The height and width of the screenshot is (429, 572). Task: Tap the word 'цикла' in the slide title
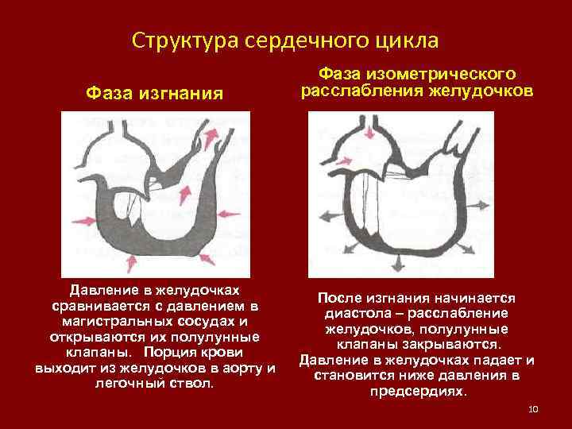408,40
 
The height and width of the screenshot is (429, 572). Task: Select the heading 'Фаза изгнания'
154,95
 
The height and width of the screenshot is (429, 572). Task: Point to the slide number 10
533,409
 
